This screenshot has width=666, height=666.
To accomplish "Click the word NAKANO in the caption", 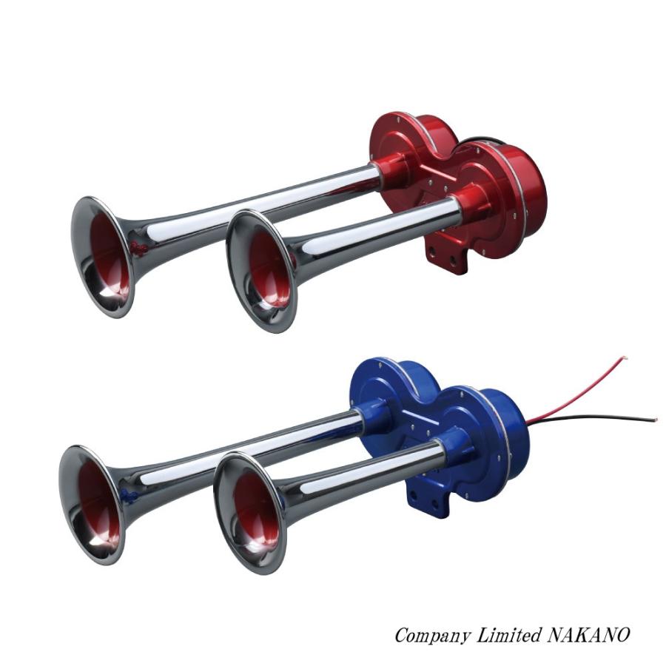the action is [588, 636].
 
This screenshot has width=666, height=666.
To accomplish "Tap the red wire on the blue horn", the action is [578, 386].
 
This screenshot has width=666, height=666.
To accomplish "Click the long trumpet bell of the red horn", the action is [103, 258].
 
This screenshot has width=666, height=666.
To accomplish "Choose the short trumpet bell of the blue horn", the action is [249, 514].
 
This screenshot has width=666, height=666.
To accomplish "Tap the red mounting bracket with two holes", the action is [447, 256].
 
